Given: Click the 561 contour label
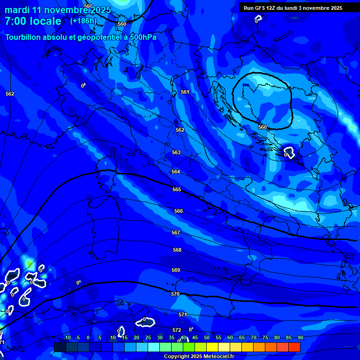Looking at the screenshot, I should click(x=185, y=92).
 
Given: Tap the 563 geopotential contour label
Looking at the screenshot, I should click(x=176, y=152).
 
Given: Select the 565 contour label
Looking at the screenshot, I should click(x=177, y=189).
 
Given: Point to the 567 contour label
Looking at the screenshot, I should click(x=176, y=232).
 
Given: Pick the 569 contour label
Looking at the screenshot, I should click(x=176, y=270).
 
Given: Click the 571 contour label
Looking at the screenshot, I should click(x=183, y=315).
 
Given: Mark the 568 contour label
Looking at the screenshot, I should click(x=177, y=250).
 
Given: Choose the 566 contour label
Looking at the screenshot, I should click(x=179, y=211).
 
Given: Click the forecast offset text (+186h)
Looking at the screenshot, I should click(x=83, y=21).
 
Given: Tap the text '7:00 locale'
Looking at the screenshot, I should click(x=33, y=21).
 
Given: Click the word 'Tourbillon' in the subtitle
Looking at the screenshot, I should click(x=23, y=37).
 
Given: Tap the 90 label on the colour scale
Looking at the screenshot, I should click(x=300, y=337).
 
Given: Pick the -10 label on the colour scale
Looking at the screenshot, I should click(x=67, y=337).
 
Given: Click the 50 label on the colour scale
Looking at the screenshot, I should click(x=207, y=337).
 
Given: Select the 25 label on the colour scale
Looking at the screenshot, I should click(x=148, y=337).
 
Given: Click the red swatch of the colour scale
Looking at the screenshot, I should click(x=294, y=347).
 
